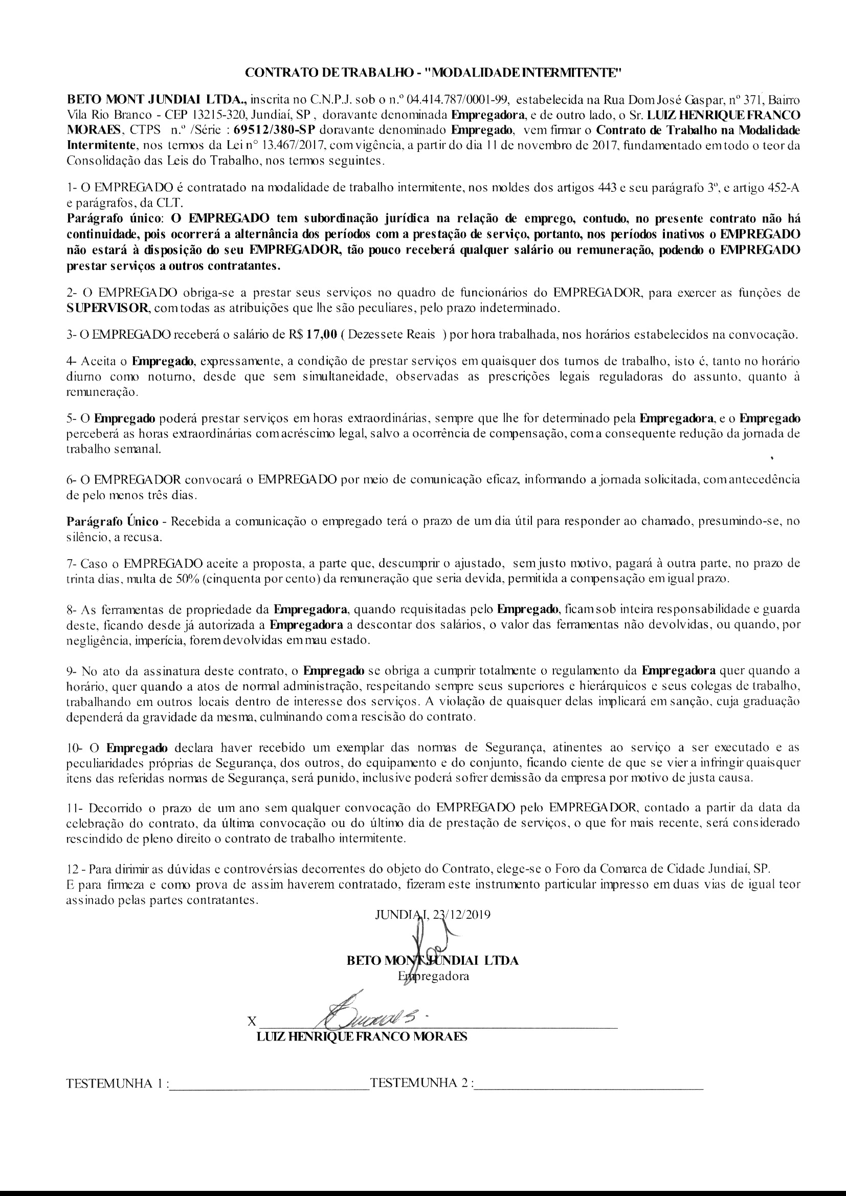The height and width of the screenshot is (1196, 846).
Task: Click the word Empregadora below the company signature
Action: (x=433, y=976)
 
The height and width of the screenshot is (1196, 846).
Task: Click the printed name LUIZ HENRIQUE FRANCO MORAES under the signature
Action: (x=362, y=1036)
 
